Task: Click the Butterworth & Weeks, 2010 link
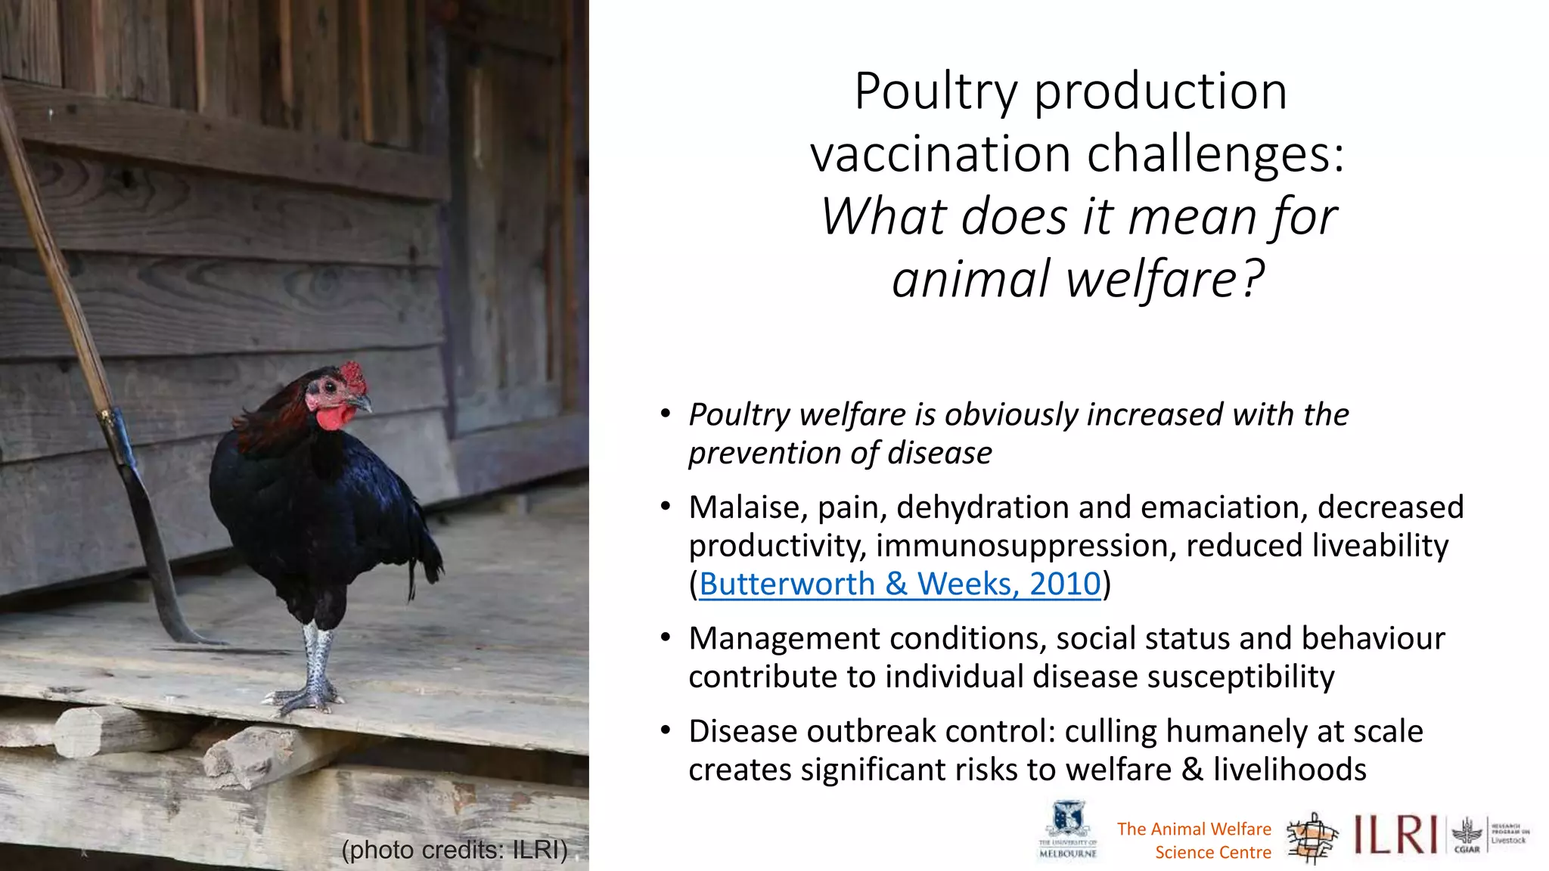tap(900, 584)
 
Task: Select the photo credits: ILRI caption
tap(455, 850)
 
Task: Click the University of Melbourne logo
tap(1068, 830)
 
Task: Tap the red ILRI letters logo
tap(1395, 835)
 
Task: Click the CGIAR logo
tap(1467, 836)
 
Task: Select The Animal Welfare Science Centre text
tap(1194, 841)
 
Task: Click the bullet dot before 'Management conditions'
tap(666, 637)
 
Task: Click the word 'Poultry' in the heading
tap(936, 91)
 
